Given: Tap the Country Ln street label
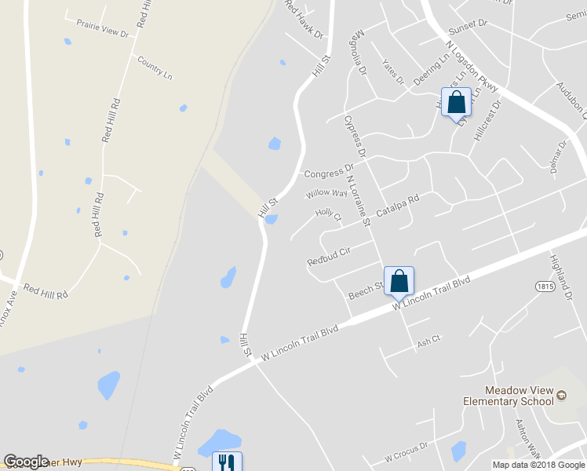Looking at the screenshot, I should coord(154,68).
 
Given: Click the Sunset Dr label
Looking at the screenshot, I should coord(468,24).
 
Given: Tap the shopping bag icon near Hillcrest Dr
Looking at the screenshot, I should coord(457,102).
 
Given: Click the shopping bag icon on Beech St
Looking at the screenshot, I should coord(399,281).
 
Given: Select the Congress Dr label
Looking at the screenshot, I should coord(329,170).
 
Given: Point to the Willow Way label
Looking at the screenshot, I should coord(326,193).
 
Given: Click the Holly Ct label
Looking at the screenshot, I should coord(328,214).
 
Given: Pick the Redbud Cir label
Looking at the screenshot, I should coord(328,255).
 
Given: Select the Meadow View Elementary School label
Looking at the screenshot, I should coord(519,396).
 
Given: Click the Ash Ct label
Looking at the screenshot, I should coord(430,340).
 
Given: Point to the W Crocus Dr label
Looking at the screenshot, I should coord(406,451).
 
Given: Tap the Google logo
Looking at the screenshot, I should coord(26,462).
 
